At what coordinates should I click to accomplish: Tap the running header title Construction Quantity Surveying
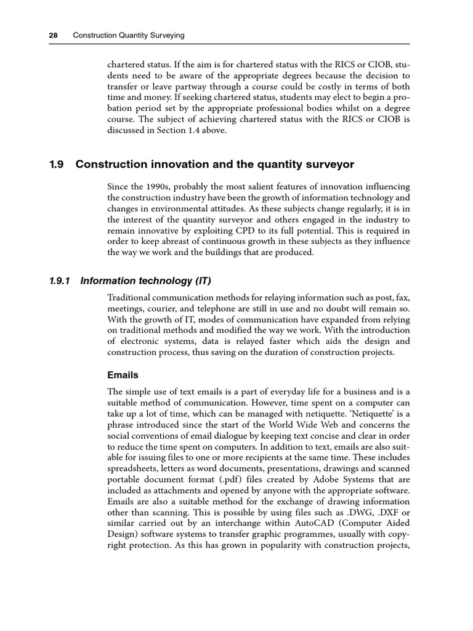129,36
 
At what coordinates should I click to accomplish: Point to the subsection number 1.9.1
60,281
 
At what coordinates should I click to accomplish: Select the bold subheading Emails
123,375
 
